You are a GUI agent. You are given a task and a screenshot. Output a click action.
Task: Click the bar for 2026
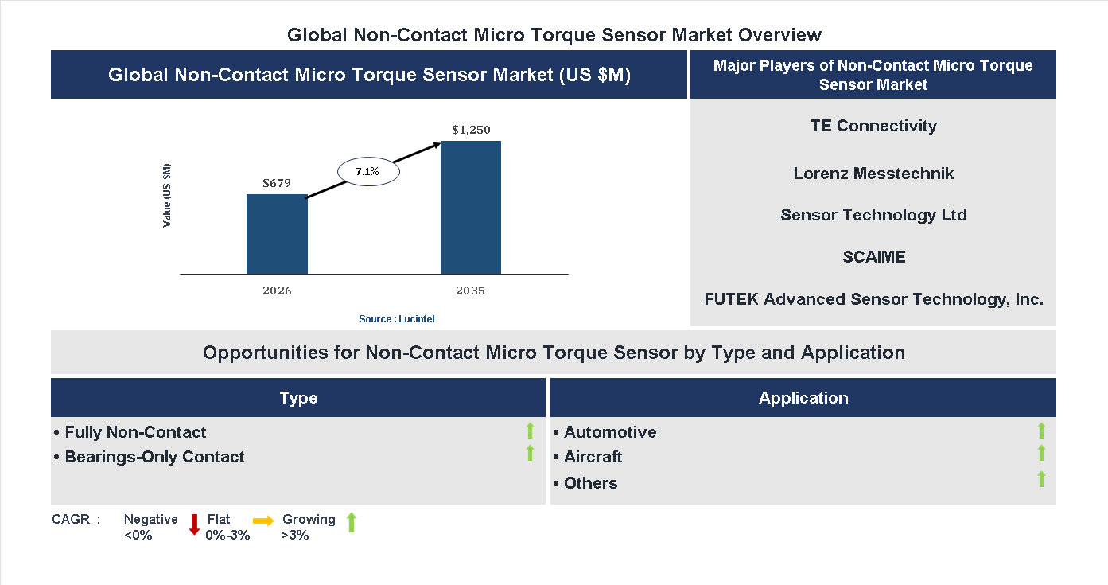(277, 234)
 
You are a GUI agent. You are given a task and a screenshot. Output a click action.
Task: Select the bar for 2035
(471, 208)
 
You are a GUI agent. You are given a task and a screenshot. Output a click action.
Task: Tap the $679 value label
(277, 183)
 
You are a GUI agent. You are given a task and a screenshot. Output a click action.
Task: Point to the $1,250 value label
(471, 130)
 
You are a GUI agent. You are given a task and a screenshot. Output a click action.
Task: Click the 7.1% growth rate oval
(367, 172)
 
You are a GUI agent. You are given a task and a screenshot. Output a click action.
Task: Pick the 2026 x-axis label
(277, 291)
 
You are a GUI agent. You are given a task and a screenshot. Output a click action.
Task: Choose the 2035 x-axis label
(470, 291)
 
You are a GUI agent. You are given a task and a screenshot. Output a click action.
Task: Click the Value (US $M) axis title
(167, 196)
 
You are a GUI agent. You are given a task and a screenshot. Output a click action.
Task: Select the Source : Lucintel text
(397, 318)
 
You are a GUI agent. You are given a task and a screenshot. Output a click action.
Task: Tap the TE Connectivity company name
(873, 126)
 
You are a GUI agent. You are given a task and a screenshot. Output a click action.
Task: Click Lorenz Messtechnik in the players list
(873, 174)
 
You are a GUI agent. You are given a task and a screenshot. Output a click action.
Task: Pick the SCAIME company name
(873, 257)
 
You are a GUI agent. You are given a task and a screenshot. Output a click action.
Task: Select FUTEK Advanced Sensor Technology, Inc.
(873, 299)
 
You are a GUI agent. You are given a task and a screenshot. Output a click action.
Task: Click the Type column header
(298, 398)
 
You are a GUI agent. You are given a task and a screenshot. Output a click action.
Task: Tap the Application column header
(803, 398)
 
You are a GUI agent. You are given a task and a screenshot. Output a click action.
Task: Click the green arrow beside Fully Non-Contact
(530, 431)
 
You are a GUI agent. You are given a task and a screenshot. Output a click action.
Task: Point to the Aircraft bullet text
(593, 457)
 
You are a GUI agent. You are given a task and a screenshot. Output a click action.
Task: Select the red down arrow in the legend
(194, 525)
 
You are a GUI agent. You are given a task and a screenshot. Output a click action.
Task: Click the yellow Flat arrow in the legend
(263, 521)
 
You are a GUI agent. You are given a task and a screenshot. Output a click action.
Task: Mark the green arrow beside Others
(1041, 479)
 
